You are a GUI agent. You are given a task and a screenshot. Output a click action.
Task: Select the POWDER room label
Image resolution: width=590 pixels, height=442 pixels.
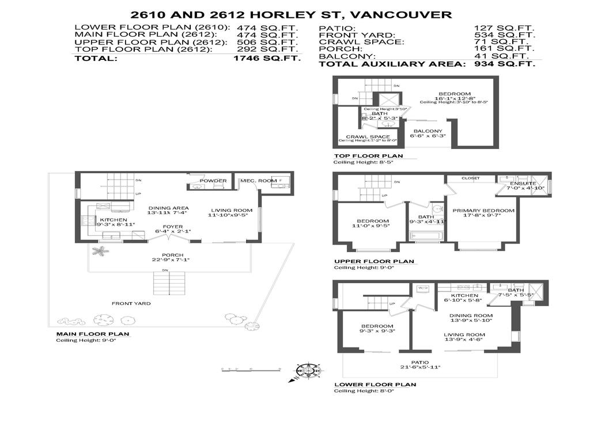coord(213,181)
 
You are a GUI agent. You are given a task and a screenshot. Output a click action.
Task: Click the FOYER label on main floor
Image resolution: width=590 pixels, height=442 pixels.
coord(173,227)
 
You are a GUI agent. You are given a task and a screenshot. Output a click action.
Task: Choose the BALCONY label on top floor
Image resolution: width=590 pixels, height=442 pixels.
coord(426,131)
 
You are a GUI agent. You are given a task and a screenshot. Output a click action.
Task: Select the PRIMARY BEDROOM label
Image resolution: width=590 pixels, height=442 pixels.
coord(483,211)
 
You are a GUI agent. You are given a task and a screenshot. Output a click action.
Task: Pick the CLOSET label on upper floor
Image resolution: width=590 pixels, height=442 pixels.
coord(471,178)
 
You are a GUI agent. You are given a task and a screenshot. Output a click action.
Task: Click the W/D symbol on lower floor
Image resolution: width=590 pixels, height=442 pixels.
coord(423,288)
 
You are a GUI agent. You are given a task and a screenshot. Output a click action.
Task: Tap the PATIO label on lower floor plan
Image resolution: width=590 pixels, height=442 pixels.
coord(420,361)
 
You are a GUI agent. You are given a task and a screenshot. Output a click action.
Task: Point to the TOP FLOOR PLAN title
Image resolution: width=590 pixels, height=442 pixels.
coord(368,155)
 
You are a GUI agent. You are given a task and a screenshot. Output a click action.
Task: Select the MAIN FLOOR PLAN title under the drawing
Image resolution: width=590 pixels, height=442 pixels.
coord(92,334)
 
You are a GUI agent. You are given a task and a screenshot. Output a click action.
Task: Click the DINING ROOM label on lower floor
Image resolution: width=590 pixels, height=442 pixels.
coord(471,315)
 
